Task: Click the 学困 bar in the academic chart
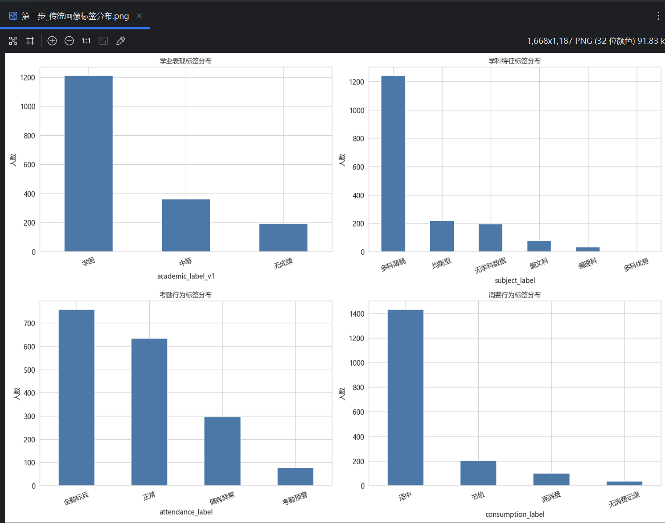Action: coord(88,163)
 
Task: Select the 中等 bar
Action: coord(186,225)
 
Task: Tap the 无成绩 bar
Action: coord(283,237)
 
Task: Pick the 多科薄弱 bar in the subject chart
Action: coord(393,163)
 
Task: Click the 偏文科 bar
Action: coord(539,246)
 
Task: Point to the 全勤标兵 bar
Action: coord(76,397)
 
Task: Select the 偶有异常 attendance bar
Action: coord(222,451)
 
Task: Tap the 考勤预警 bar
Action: coord(295,477)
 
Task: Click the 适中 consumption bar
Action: coord(405,397)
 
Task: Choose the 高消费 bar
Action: coord(551,479)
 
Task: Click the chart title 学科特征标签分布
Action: coord(514,61)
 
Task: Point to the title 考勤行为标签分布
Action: coord(186,295)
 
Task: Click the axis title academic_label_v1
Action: coord(186,276)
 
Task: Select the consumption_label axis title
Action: coord(515,514)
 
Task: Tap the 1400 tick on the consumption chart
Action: coord(357,314)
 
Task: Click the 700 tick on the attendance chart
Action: coord(29,324)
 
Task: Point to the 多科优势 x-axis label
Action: coord(636,265)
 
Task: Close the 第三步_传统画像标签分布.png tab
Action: coord(139,16)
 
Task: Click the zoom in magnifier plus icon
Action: coord(52,41)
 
